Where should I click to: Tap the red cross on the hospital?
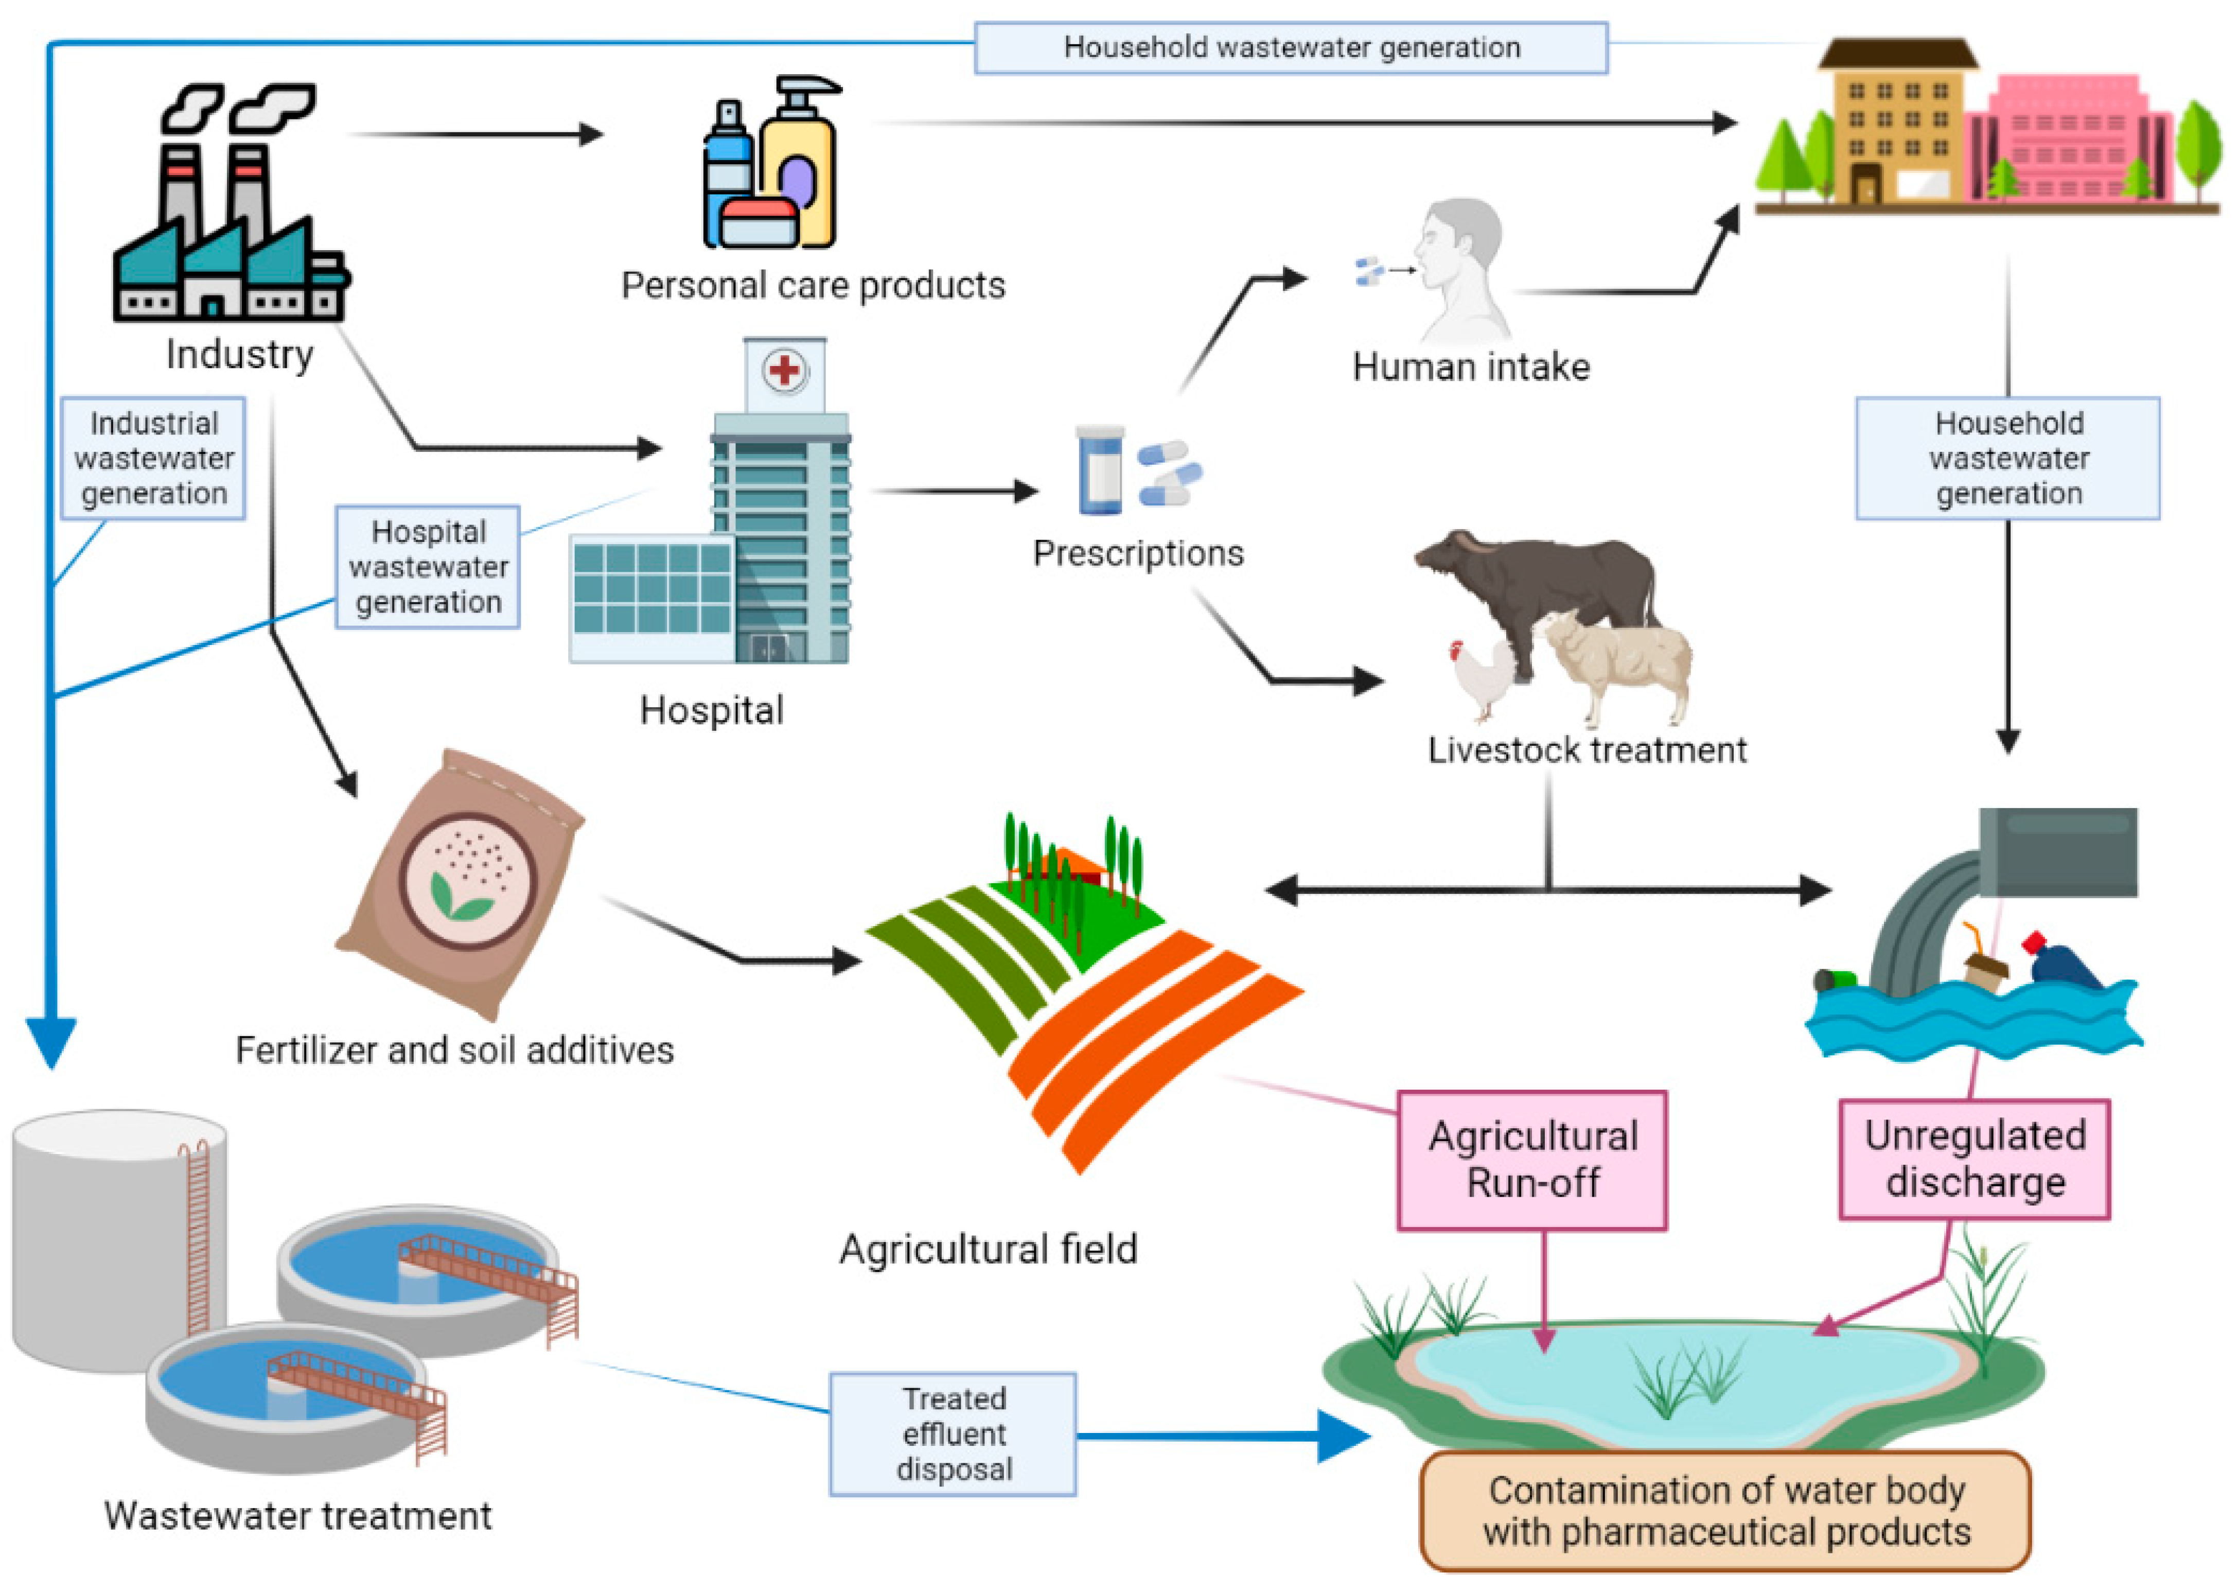point(784,370)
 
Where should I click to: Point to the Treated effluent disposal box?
point(953,1433)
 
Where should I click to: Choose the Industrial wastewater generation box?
point(154,458)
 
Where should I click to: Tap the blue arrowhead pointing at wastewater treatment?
point(51,1040)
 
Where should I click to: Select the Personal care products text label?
point(813,285)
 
